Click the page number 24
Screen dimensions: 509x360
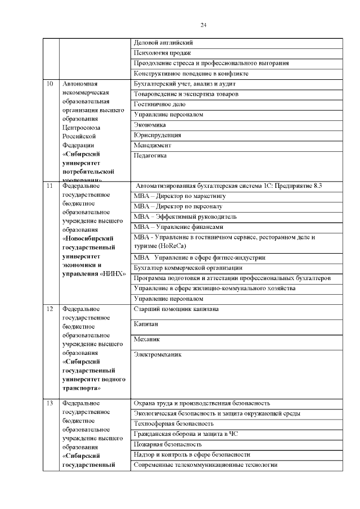coord(204,25)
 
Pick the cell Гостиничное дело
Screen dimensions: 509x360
coord(156,104)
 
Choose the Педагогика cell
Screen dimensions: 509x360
coord(150,155)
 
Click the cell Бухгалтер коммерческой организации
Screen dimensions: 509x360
coord(188,268)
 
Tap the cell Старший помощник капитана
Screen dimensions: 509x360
coord(176,309)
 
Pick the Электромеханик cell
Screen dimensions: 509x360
coord(158,355)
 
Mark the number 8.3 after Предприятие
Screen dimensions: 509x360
coord(322,185)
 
